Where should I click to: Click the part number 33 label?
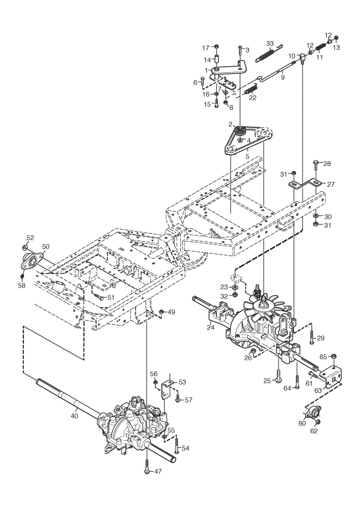(270, 44)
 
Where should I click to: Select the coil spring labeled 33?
(269, 54)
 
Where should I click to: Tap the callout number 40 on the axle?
(74, 415)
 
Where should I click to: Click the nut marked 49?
(161, 312)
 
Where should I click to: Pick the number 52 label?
(30, 238)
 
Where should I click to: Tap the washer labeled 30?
(316, 216)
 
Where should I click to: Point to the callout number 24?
(210, 327)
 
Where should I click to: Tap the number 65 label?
(323, 357)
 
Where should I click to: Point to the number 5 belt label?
(247, 156)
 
